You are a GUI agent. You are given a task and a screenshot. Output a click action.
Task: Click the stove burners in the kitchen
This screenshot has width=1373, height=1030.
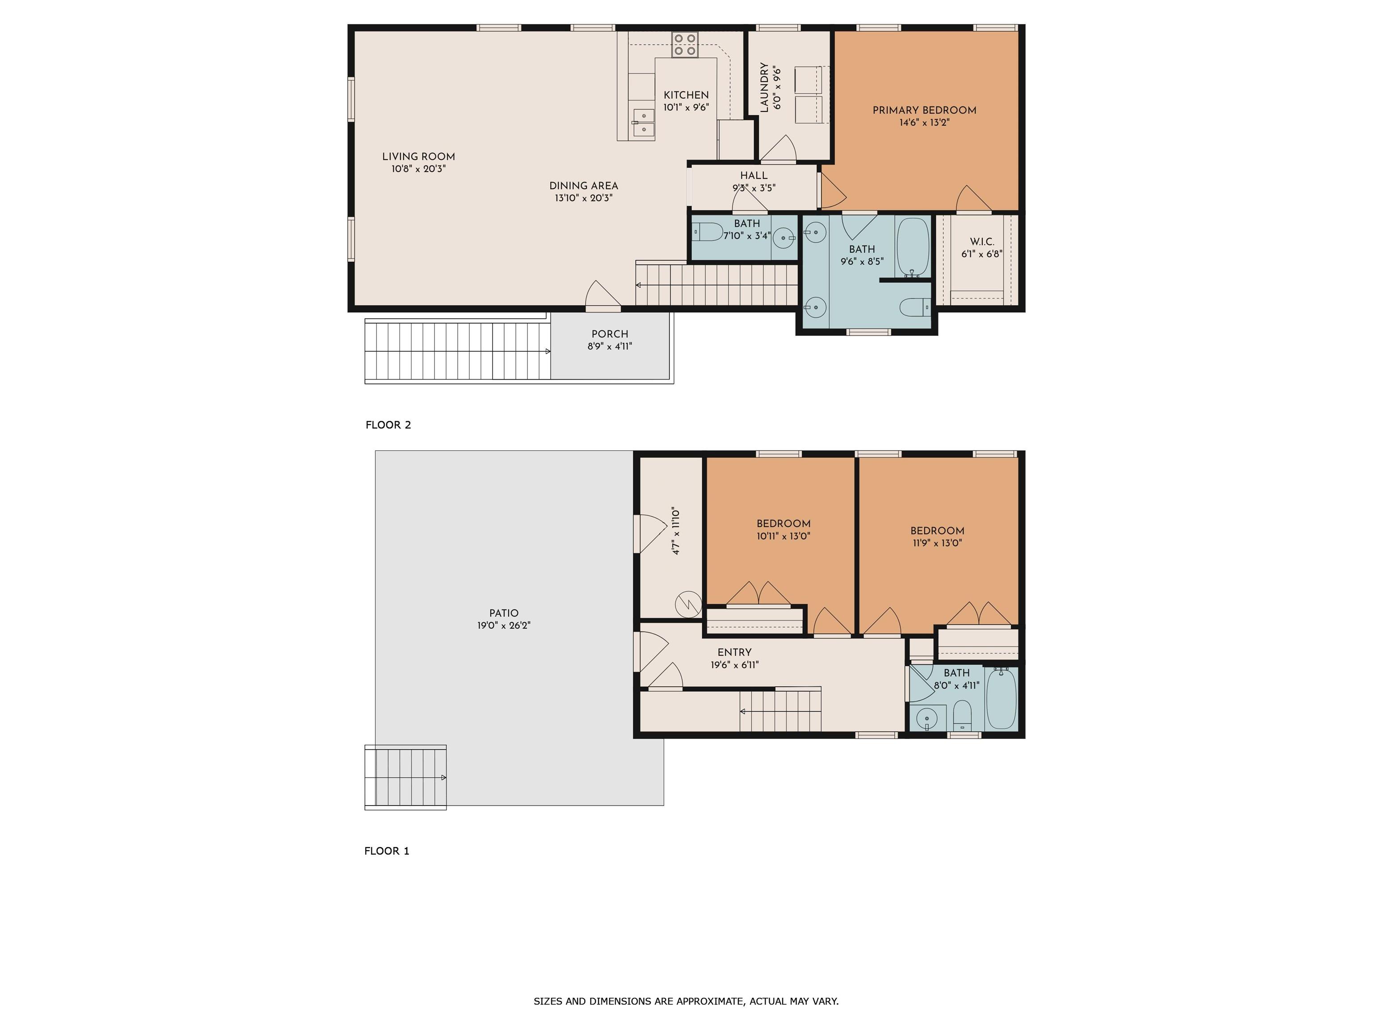point(685,45)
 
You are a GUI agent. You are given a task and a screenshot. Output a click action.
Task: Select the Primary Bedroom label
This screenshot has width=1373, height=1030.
point(924,110)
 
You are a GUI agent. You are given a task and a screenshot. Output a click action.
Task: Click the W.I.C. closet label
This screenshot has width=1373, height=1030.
point(982,241)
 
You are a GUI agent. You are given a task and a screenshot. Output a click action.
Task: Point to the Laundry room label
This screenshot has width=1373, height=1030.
point(764,87)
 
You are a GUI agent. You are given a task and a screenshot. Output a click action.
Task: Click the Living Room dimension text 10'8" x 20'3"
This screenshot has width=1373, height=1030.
point(418,169)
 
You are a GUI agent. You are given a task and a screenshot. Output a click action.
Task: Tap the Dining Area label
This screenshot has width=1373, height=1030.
point(583,186)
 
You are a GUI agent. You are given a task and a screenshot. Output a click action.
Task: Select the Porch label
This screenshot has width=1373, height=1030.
point(610,334)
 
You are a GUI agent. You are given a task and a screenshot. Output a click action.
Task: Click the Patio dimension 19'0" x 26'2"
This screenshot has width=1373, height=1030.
point(503,625)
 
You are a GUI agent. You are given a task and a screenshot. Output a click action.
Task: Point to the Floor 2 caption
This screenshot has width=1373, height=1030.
point(388,425)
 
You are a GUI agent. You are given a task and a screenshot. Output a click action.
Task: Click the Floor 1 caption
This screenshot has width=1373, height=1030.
point(387,851)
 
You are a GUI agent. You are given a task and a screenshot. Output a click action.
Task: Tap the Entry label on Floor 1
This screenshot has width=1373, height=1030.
point(734,653)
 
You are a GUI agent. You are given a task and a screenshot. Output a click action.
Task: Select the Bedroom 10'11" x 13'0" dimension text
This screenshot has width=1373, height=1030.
point(783,536)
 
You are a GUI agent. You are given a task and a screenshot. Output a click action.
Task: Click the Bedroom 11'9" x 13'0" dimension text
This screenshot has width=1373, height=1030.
point(937,543)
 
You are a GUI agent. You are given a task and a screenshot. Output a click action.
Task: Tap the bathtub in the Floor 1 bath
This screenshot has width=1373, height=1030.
point(1001,698)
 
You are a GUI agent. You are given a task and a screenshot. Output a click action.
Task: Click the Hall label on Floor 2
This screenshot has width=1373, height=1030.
point(754,176)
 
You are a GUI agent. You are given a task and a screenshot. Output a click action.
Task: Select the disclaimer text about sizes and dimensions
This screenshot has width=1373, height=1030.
point(686,1001)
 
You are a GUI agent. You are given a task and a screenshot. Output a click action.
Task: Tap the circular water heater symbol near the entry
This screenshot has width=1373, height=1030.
point(688,604)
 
